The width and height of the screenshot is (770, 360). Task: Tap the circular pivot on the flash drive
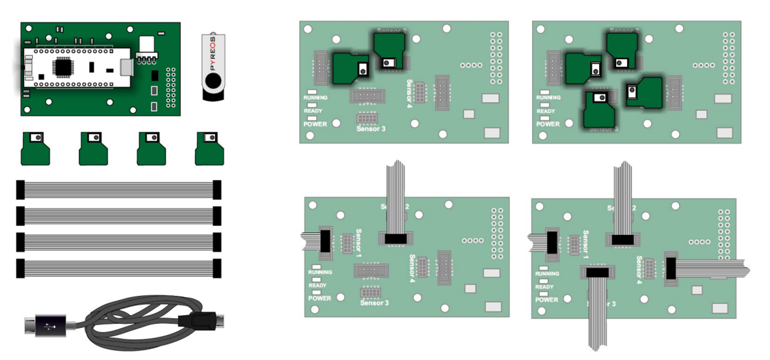pos(214,81)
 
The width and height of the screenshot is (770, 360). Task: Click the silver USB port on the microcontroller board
pos(126,66)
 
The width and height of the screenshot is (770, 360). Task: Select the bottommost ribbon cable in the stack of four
pos(119,268)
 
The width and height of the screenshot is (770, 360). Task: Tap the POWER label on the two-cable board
pos(320,298)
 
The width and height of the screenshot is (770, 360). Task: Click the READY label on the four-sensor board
pos(545,111)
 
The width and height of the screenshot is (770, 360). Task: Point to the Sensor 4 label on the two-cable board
pos(413,266)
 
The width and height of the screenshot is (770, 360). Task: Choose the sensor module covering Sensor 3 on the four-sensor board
pos(598,109)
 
